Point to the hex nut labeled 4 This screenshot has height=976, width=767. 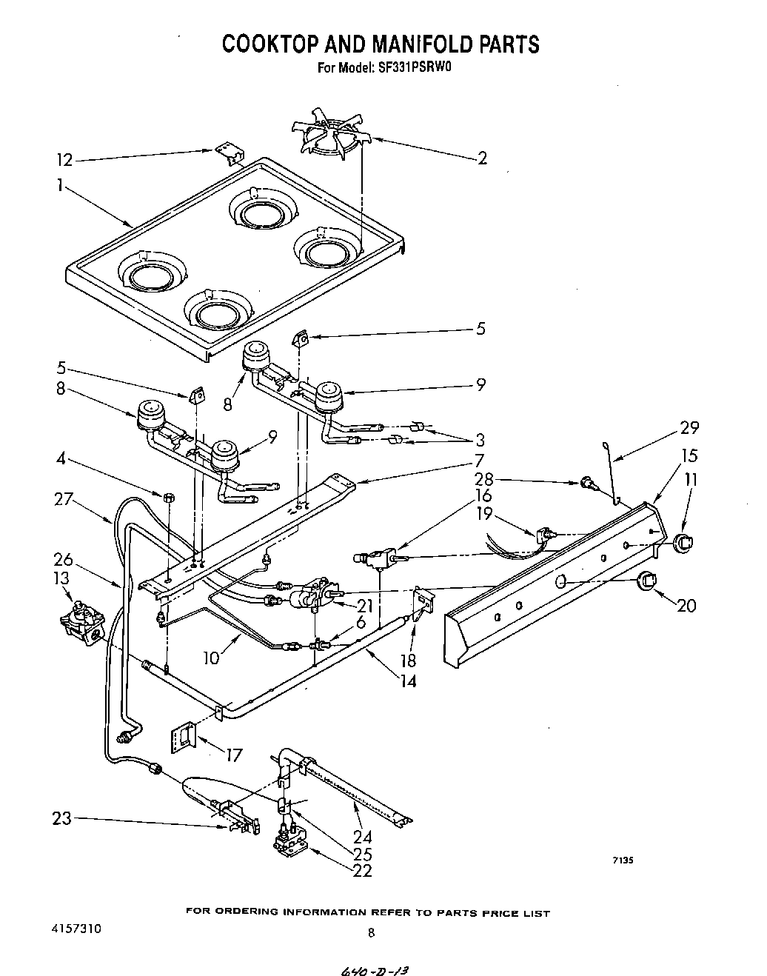coord(170,495)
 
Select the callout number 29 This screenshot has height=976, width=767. coord(689,428)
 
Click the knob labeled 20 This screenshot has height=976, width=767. coord(647,581)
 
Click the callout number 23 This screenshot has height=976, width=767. coord(61,819)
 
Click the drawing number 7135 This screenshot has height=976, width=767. coord(621,860)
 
